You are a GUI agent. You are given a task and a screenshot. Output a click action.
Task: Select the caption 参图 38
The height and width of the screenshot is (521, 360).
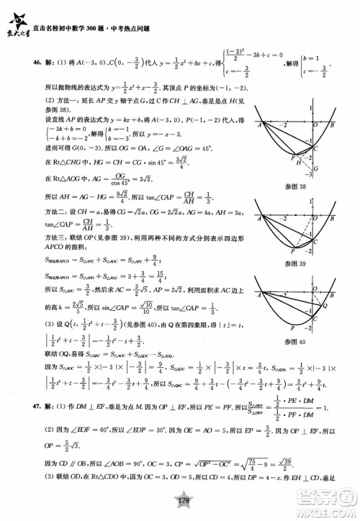click(300, 187)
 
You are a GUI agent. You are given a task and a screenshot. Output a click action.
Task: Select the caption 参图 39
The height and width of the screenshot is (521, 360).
click(300, 263)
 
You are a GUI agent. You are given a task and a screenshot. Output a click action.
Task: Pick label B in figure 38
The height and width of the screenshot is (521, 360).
click(333, 124)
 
